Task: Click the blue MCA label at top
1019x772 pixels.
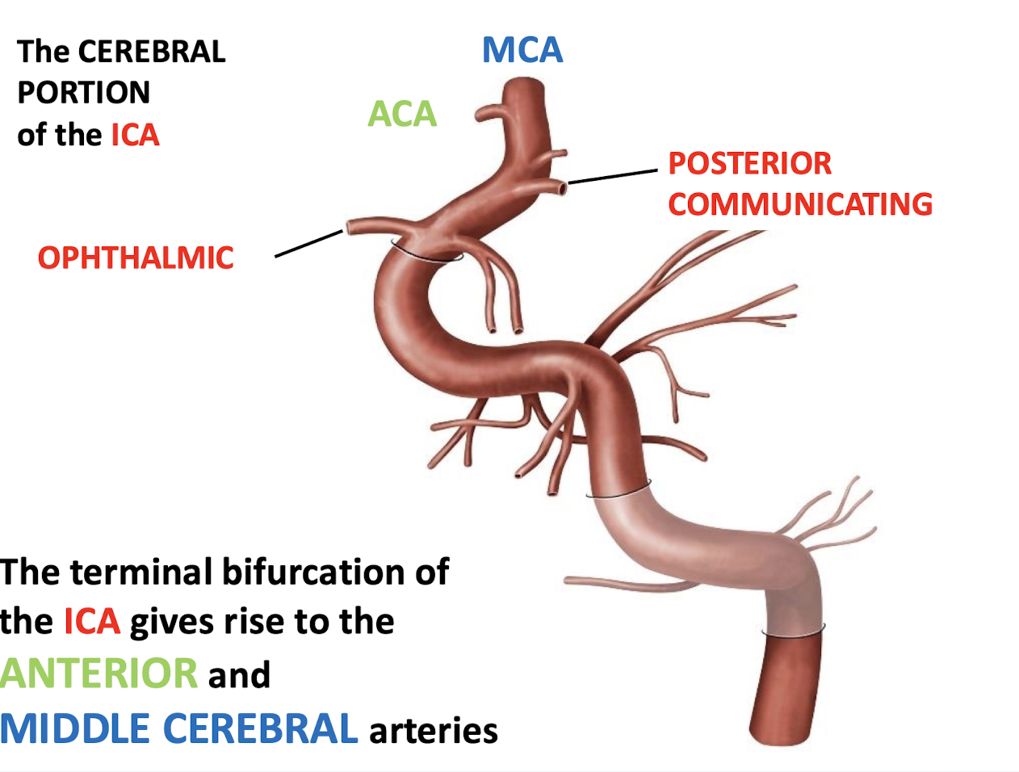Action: coord(522,50)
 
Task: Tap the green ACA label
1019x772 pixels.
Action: coord(402,114)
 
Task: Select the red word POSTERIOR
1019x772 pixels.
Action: coord(749,163)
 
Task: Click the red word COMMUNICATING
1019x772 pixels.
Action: coord(800,204)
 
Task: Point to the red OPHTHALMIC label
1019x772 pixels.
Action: coord(136,258)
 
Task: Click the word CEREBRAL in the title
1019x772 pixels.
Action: coord(152,52)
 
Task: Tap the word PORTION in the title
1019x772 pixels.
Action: coord(84,93)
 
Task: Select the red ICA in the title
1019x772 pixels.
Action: coord(135,135)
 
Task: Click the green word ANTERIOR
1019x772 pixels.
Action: coord(99,673)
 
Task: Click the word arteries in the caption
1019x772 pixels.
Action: coord(434,730)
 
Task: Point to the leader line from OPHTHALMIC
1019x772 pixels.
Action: coord(309,244)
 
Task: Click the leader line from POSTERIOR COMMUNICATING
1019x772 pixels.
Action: coord(613,177)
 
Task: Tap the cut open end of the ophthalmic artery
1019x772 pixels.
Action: coord(349,226)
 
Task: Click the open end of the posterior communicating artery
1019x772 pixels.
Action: coord(563,188)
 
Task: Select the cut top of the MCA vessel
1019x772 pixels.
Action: coord(526,85)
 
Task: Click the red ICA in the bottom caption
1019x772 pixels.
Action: coord(92,622)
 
